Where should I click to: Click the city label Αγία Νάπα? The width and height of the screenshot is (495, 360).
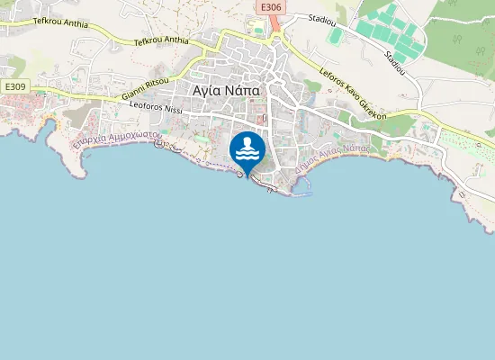227,90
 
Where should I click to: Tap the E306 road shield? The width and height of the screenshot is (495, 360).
270,7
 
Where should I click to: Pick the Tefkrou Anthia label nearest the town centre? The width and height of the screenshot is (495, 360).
161,40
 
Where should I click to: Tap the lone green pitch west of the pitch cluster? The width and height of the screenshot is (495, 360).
336,37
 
